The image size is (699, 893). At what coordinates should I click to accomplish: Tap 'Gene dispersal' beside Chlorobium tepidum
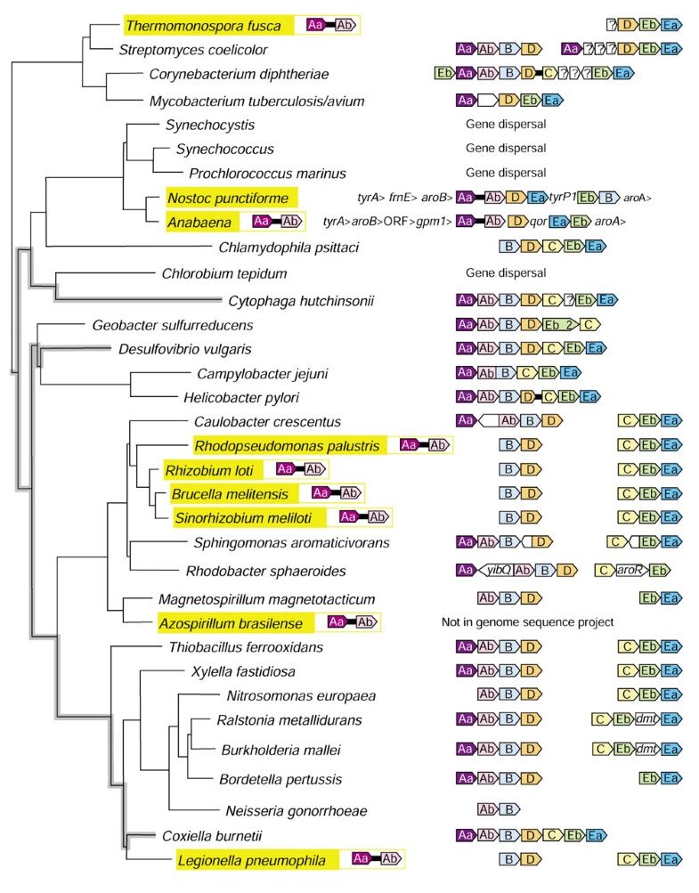(x=505, y=272)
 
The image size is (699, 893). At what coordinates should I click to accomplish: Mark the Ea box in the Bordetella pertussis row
(x=671, y=779)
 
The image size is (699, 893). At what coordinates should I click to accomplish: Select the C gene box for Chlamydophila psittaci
(x=550, y=247)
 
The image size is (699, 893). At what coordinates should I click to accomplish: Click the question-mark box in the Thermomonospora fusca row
(x=611, y=24)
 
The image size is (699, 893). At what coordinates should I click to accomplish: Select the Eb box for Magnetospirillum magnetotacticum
(x=649, y=597)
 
